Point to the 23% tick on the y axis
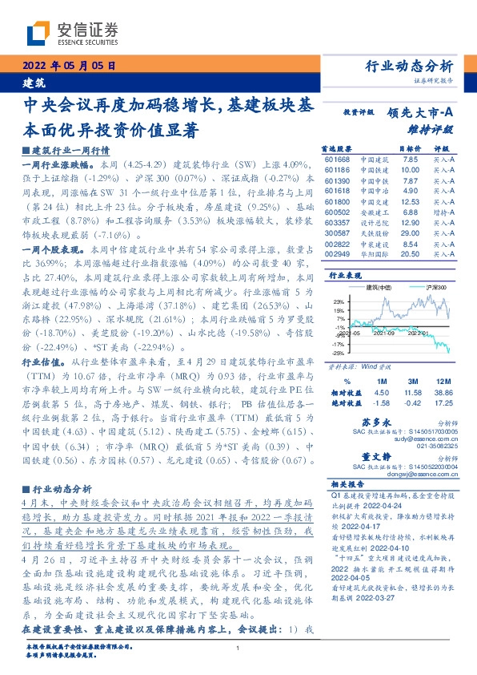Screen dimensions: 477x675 point(339,301)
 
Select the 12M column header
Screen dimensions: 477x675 point(441,382)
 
